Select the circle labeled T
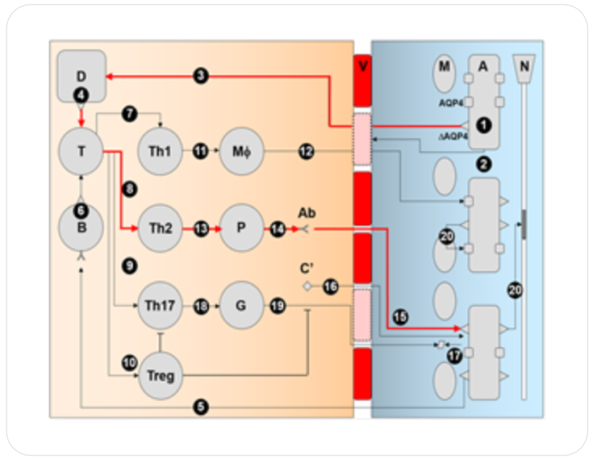(81, 152)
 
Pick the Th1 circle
(160, 152)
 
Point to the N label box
(524, 68)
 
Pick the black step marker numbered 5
(202, 404)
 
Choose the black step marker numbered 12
(307, 152)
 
